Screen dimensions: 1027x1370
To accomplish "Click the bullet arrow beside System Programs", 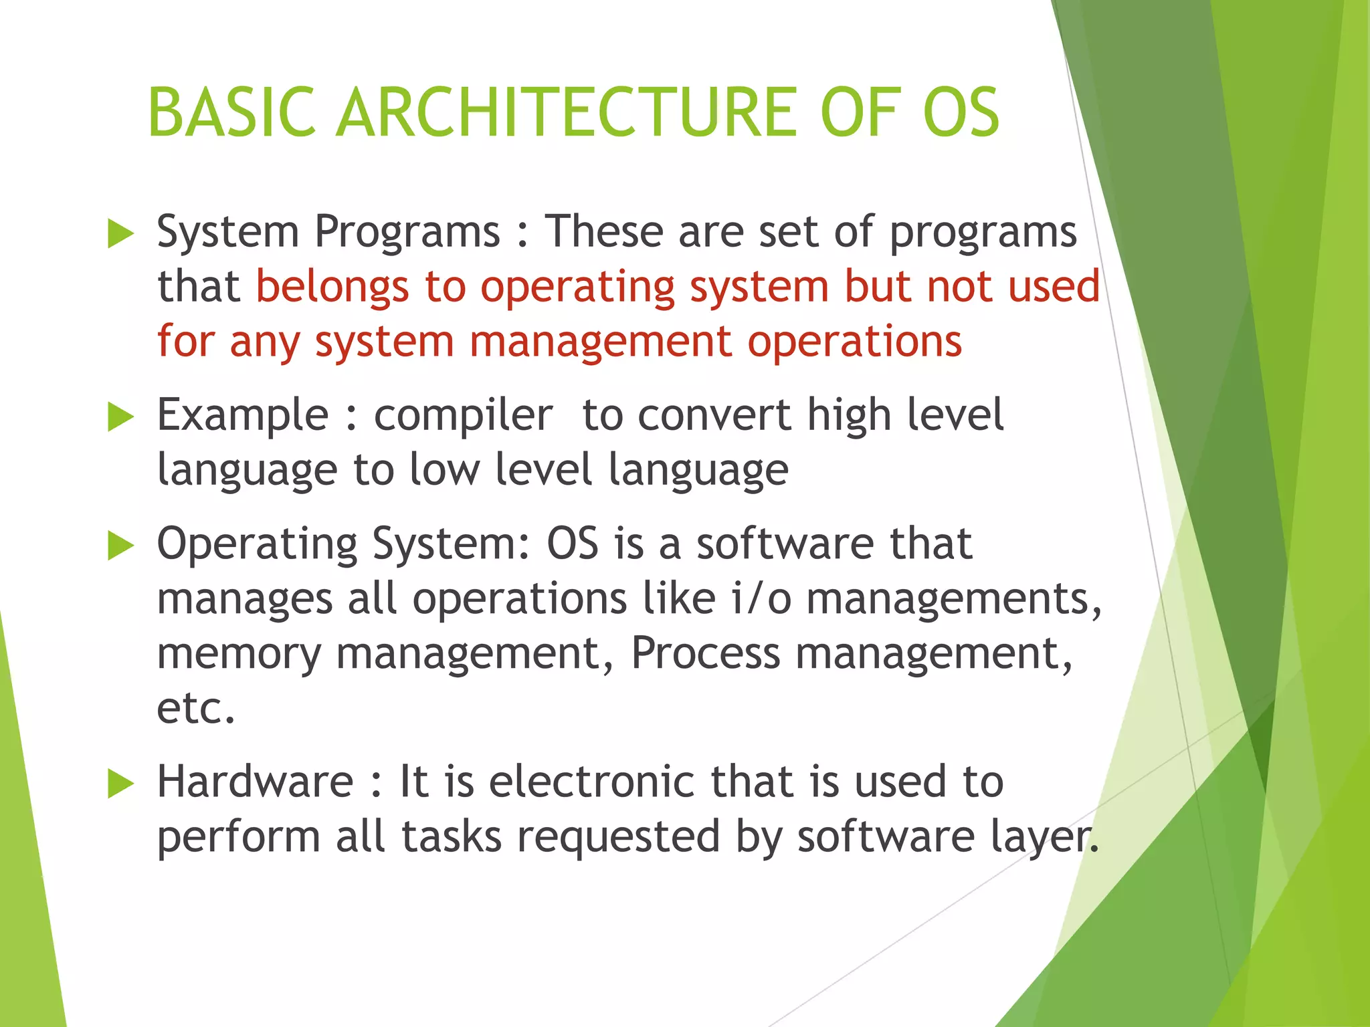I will (120, 234).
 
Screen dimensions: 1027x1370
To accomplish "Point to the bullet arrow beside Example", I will (120, 417).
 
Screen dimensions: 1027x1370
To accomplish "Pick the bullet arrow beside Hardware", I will (120, 784).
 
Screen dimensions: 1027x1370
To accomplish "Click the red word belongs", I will (332, 288).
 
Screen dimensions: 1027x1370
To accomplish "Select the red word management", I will (600, 342).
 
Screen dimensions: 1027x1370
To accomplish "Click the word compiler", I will (463, 415).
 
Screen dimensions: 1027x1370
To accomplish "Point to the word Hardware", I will (255, 782).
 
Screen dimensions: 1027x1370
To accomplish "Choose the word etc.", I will (195, 709).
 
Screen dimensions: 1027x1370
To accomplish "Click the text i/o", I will (761, 598).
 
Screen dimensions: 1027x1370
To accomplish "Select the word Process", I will (705, 653).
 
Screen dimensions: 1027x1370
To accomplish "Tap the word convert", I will (714, 415).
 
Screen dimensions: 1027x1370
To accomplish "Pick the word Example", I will (243, 416).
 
